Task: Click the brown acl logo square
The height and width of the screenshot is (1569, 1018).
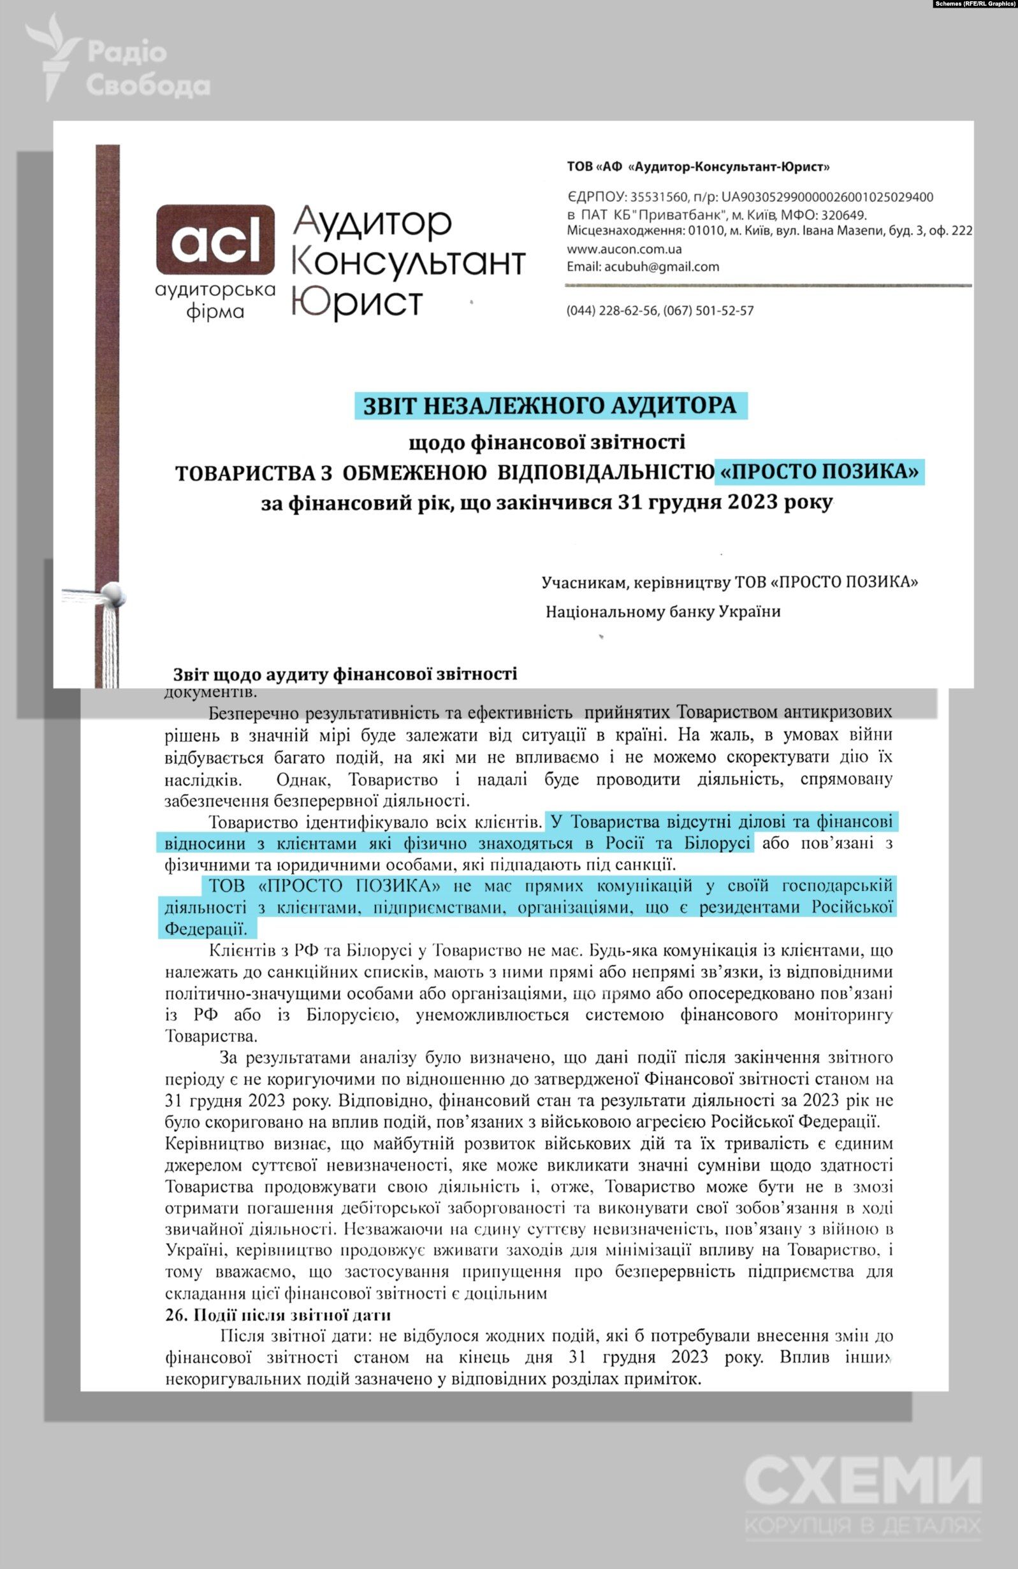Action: tap(215, 240)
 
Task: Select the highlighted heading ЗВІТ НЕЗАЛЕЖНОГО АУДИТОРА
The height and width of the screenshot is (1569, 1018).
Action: tap(551, 405)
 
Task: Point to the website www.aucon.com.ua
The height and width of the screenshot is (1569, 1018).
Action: tap(623, 249)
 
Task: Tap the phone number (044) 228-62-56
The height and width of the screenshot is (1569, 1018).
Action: tap(612, 310)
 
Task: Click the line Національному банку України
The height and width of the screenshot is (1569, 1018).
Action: tap(662, 612)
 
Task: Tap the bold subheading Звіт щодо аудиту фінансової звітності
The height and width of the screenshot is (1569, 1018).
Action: tap(345, 674)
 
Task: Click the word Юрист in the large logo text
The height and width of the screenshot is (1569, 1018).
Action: tap(357, 303)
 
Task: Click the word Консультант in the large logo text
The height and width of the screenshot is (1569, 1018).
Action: tap(408, 263)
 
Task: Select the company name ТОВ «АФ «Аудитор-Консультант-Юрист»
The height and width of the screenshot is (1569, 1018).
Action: tap(698, 168)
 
